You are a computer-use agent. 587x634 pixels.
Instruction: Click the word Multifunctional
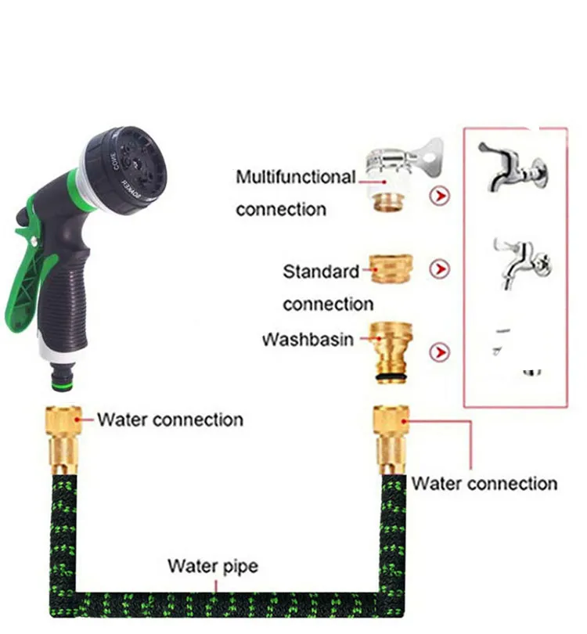[x=295, y=178]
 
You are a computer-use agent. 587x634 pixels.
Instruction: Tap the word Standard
[x=321, y=272]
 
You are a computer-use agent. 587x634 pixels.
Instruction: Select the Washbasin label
[x=308, y=340]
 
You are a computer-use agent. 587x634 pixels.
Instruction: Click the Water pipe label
[x=213, y=565]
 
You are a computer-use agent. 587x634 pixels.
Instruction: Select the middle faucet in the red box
[x=520, y=261]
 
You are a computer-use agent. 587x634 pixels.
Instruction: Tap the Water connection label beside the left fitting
[x=170, y=420]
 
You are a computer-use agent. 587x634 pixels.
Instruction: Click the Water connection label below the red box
[x=484, y=483]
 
